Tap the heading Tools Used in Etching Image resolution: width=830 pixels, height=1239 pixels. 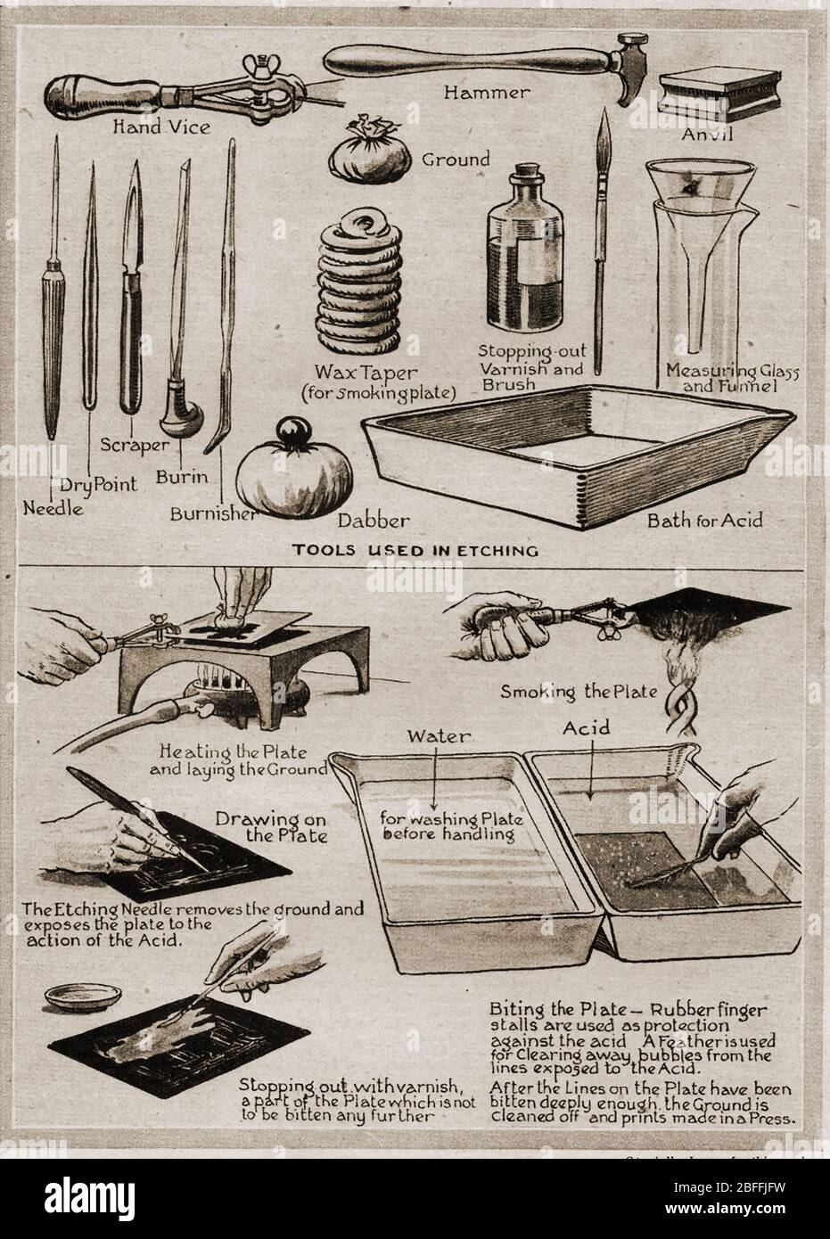[x=415, y=550]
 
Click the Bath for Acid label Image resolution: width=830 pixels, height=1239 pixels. [x=705, y=519]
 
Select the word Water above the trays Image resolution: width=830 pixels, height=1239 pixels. [x=431, y=735]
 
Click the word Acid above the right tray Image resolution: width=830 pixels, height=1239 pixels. [x=588, y=728]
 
